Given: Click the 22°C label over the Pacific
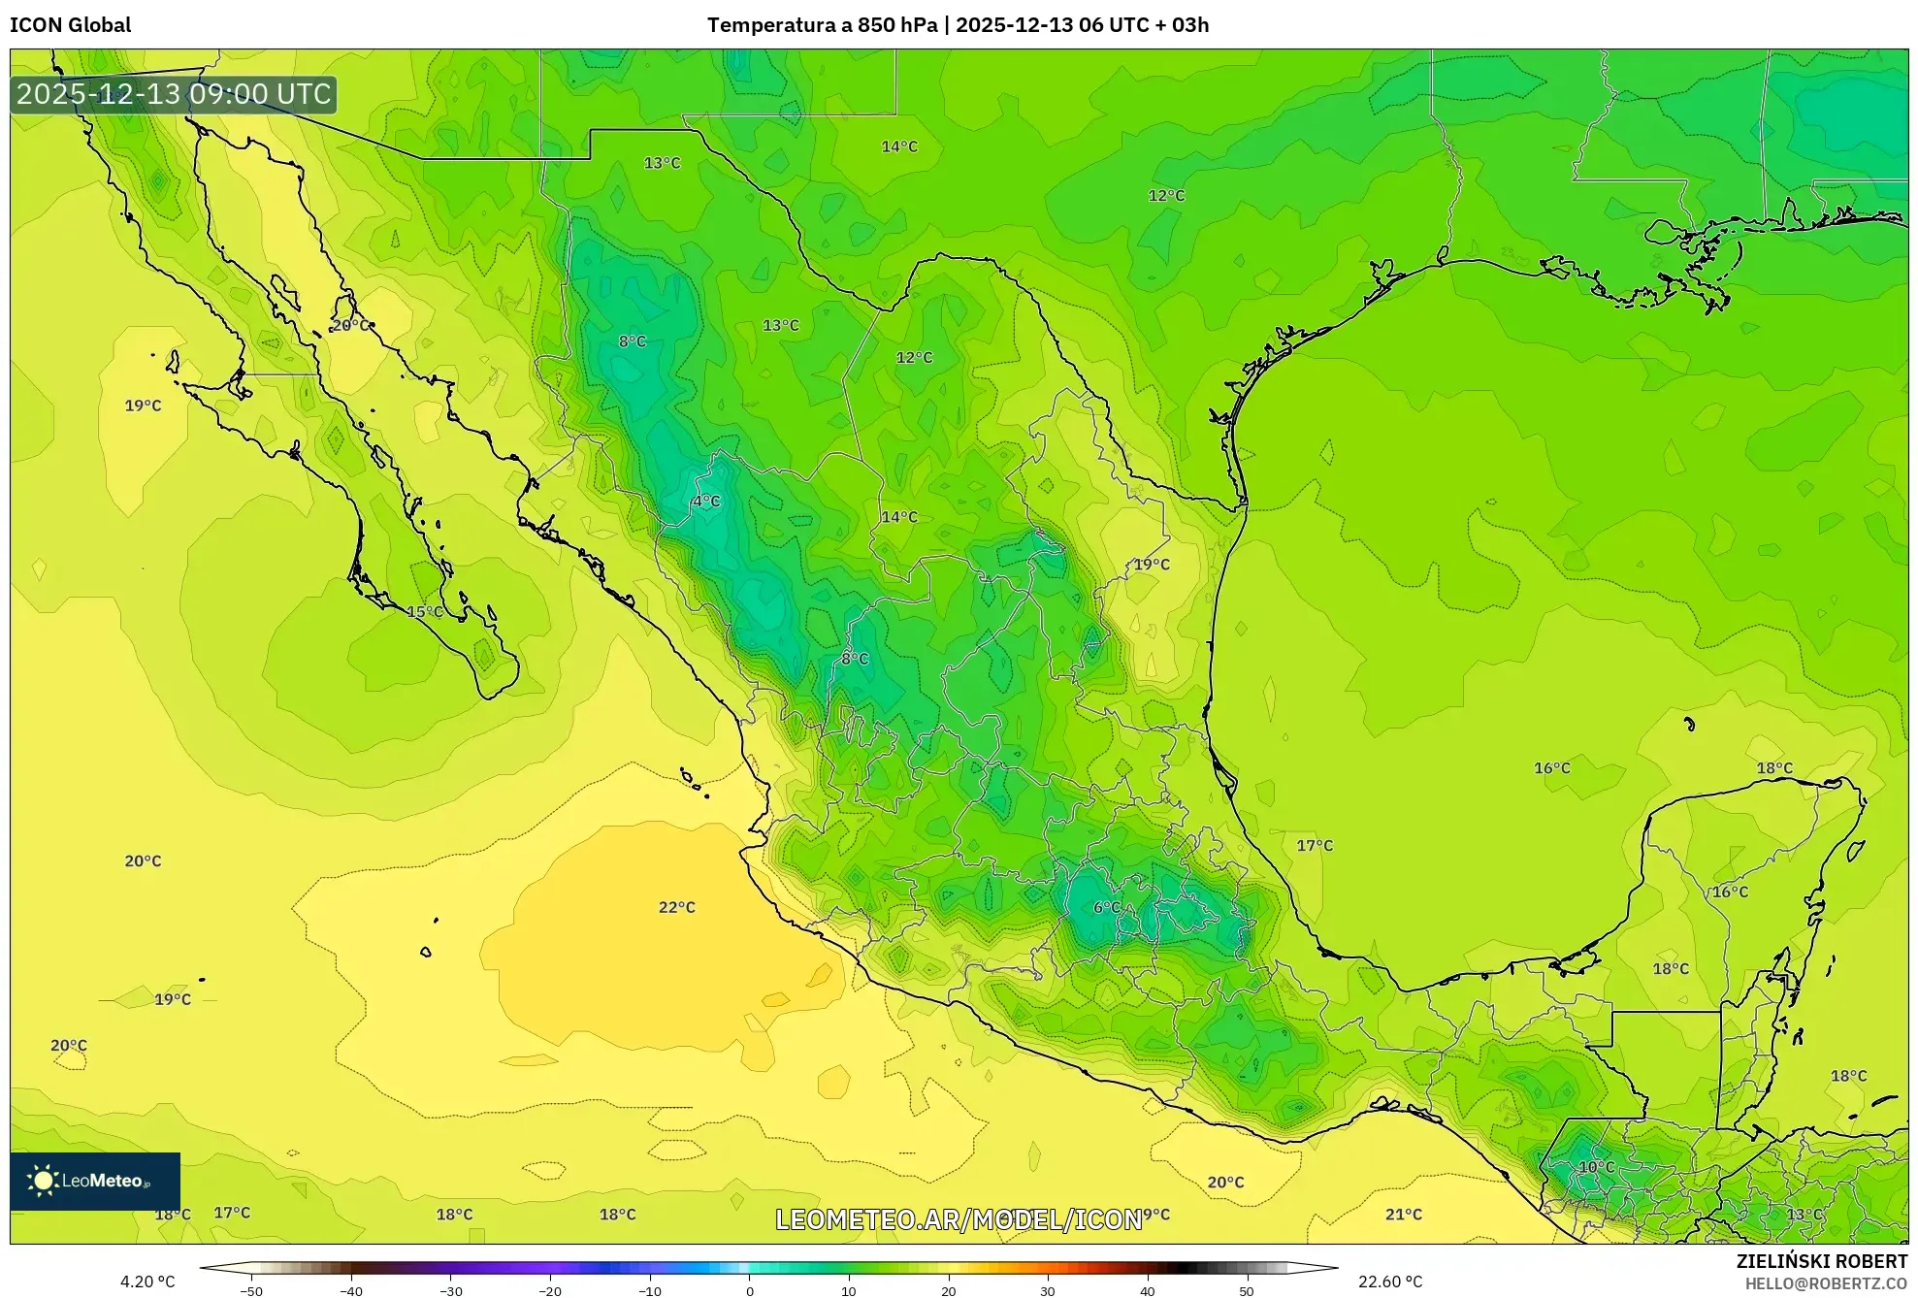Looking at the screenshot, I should [676, 907].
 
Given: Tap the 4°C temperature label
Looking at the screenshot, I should [705, 502].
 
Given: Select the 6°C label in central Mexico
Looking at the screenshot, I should [1106, 907].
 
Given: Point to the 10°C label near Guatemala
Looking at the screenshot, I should [1596, 1167].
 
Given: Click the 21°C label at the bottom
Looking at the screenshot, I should [1403, 1214].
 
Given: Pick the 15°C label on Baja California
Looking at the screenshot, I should [424, 611].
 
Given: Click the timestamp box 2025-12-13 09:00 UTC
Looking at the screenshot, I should [174, 94].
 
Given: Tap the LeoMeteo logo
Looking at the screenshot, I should [94, 1181].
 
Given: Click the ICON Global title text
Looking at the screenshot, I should [70, 25].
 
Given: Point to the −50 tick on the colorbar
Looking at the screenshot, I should [251, 1291].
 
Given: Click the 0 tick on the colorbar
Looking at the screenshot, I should [749, 1291].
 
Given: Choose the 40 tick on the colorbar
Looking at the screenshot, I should [1147, 1291].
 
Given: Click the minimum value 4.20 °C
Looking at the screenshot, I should [147, 1282].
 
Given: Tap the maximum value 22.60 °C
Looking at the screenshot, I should [1389, 1282].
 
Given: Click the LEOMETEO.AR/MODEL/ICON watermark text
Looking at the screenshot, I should [959, 1219].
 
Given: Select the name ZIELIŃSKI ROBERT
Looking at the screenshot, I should [1821, 1261].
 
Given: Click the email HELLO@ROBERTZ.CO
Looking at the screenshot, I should [1826, 1283].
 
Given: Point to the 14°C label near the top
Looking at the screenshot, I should [898, 146].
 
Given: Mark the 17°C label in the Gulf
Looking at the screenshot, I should [1315, 845].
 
